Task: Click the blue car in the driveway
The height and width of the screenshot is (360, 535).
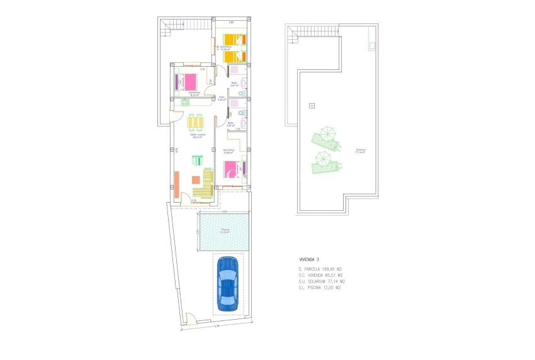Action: (227, 283)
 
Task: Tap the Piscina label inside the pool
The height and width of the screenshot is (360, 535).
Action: (225, 230)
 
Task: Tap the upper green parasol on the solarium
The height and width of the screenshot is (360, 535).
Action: (326, 134)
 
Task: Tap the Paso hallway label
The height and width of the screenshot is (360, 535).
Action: (222, 98)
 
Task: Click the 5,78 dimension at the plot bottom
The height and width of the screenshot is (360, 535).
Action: (216, 326)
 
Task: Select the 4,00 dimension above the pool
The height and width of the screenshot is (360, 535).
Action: (224, 211)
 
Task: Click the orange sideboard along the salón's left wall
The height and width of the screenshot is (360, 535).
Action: (177, 183)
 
